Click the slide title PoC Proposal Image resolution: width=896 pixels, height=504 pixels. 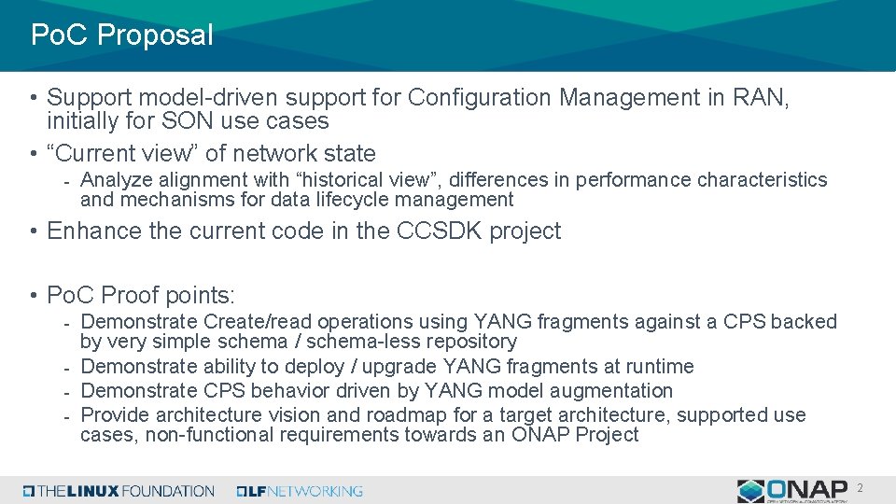121,35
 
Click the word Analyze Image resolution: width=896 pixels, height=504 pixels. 115,180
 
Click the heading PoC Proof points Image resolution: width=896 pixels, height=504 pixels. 141,296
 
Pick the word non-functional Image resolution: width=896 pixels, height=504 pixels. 208,435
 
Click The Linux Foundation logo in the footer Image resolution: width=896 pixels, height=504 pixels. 119,491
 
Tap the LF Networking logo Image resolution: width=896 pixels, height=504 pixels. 300,491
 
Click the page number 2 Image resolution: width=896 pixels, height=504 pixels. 860,488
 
